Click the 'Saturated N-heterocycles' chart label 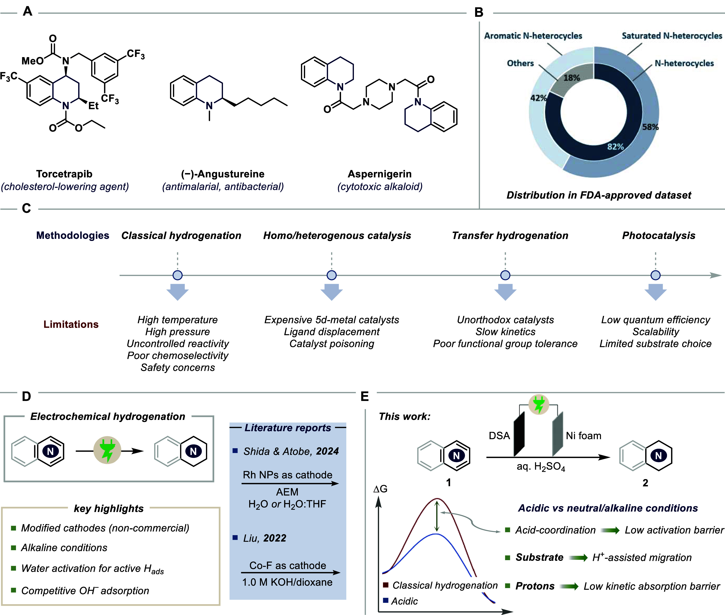pyautogui.click(x=672, y=36)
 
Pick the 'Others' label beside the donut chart pyautogui.click(x=520, y=63)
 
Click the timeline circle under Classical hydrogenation pyautogui.click(x=177, y=275)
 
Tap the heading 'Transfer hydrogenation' pyautogui.click(x=510, y=236)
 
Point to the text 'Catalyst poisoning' pyautogui.click(x=332, y=344)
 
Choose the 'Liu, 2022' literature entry pyautogui.click(x=265, y=538)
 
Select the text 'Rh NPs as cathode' pyautogui.click(x=288, y=475)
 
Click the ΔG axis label pyautogui.click(x=380, y=489)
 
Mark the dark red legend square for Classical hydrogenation pyautogui.click(x=386, y=585)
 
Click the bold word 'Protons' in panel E pyautogui.click(x=535, y=586)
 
